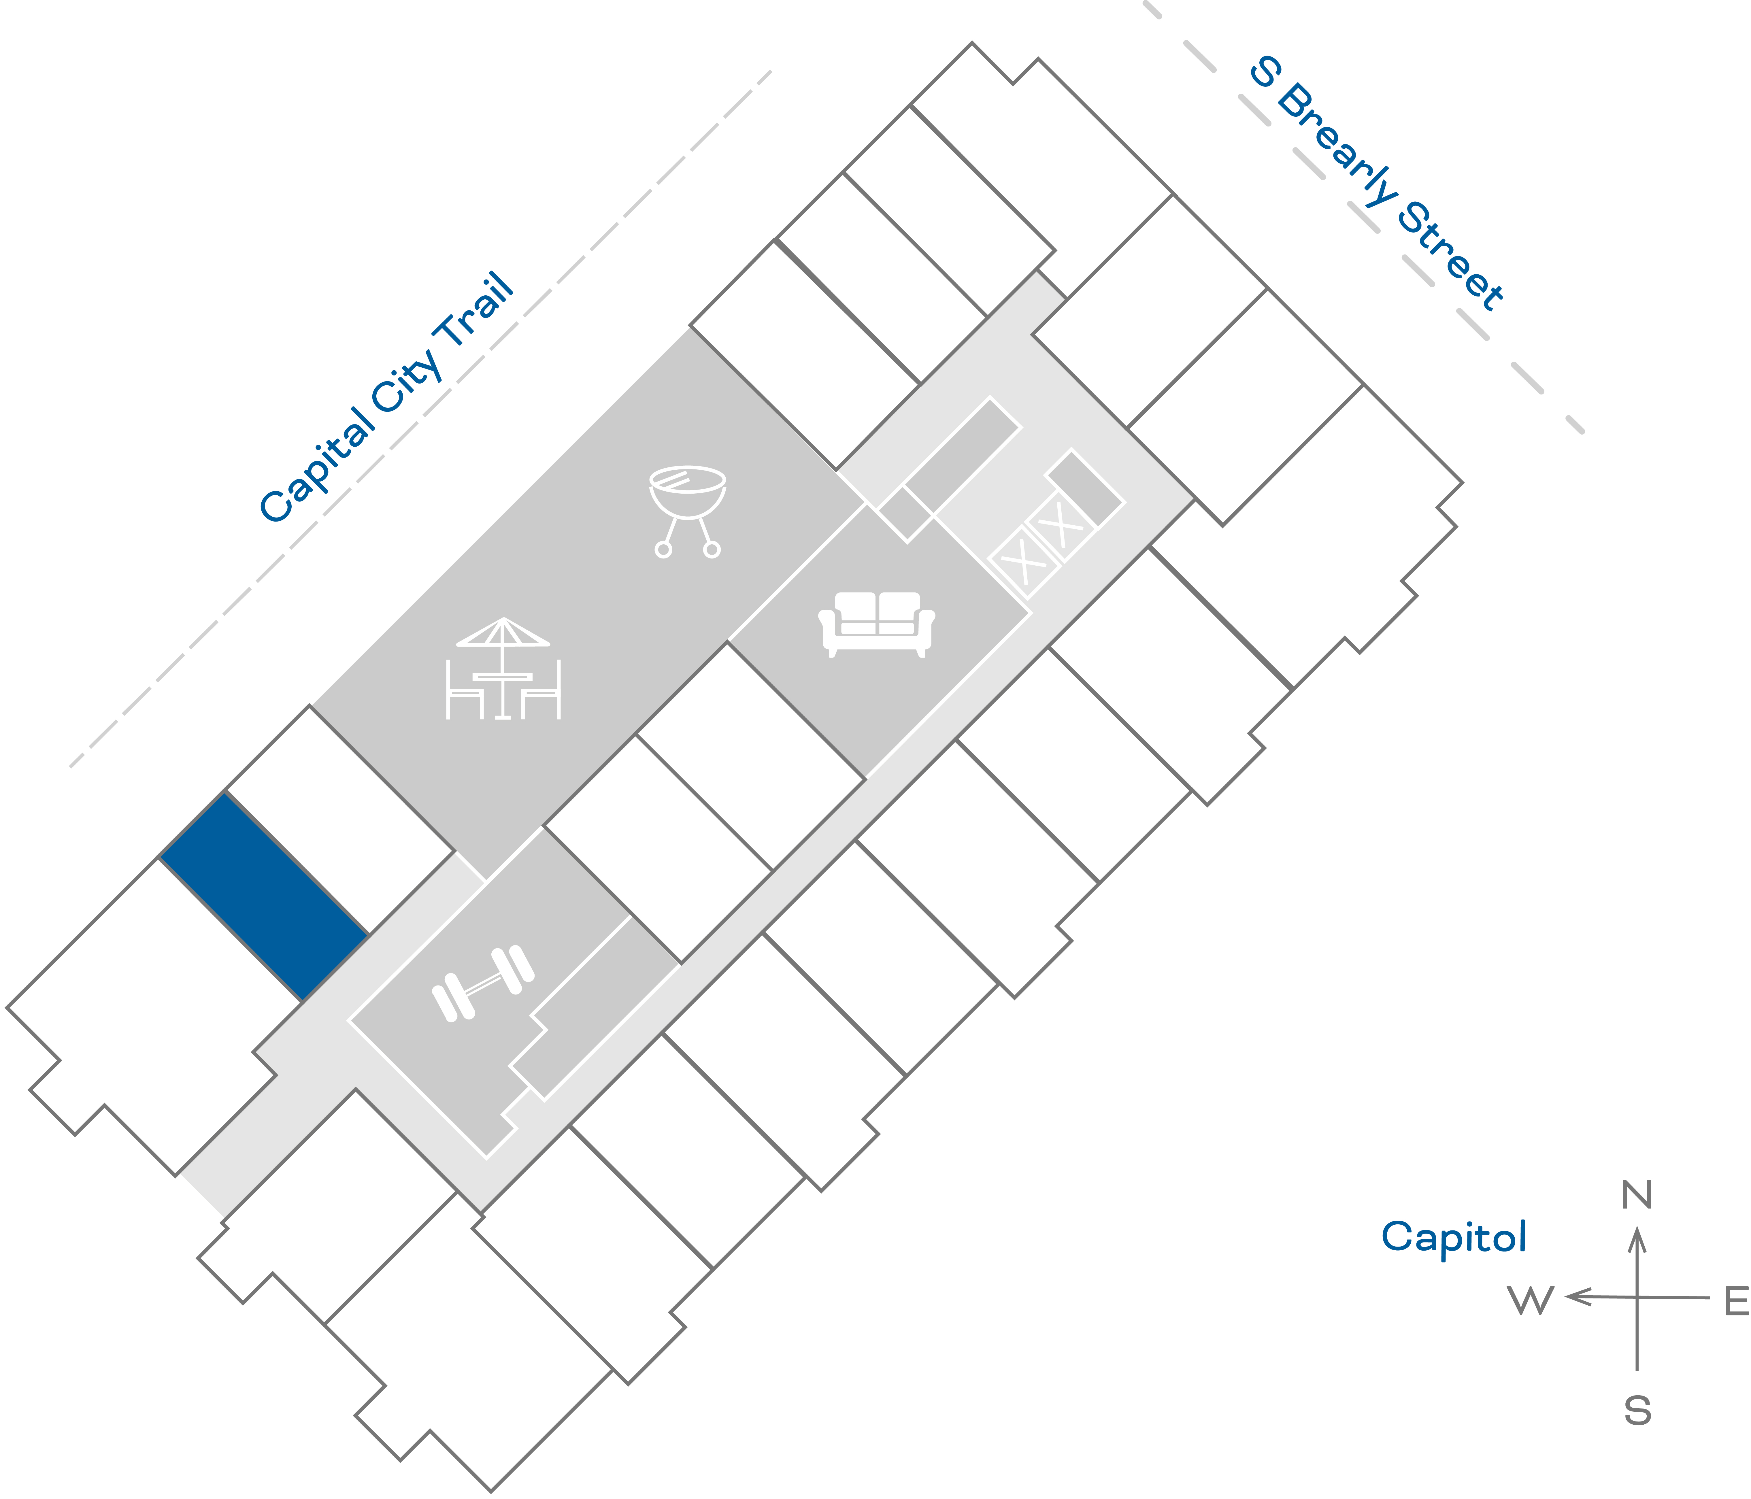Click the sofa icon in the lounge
(x=876, y=624)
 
